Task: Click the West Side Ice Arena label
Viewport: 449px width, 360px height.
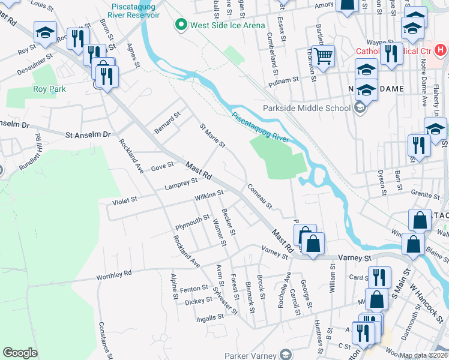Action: click(218, 25)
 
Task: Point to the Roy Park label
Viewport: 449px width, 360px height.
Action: click(49, 89)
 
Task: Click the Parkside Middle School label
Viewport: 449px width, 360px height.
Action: click(306, 108)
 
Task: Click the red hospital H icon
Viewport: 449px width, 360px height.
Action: click(441, 50)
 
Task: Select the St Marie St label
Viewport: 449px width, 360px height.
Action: click(212, 136)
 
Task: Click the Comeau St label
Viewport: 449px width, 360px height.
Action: click(260, 196)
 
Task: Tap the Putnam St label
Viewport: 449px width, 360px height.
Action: click(287, 79)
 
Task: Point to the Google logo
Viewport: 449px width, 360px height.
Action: click(20, 353)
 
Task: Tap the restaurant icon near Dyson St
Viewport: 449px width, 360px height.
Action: click(417, 146)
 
